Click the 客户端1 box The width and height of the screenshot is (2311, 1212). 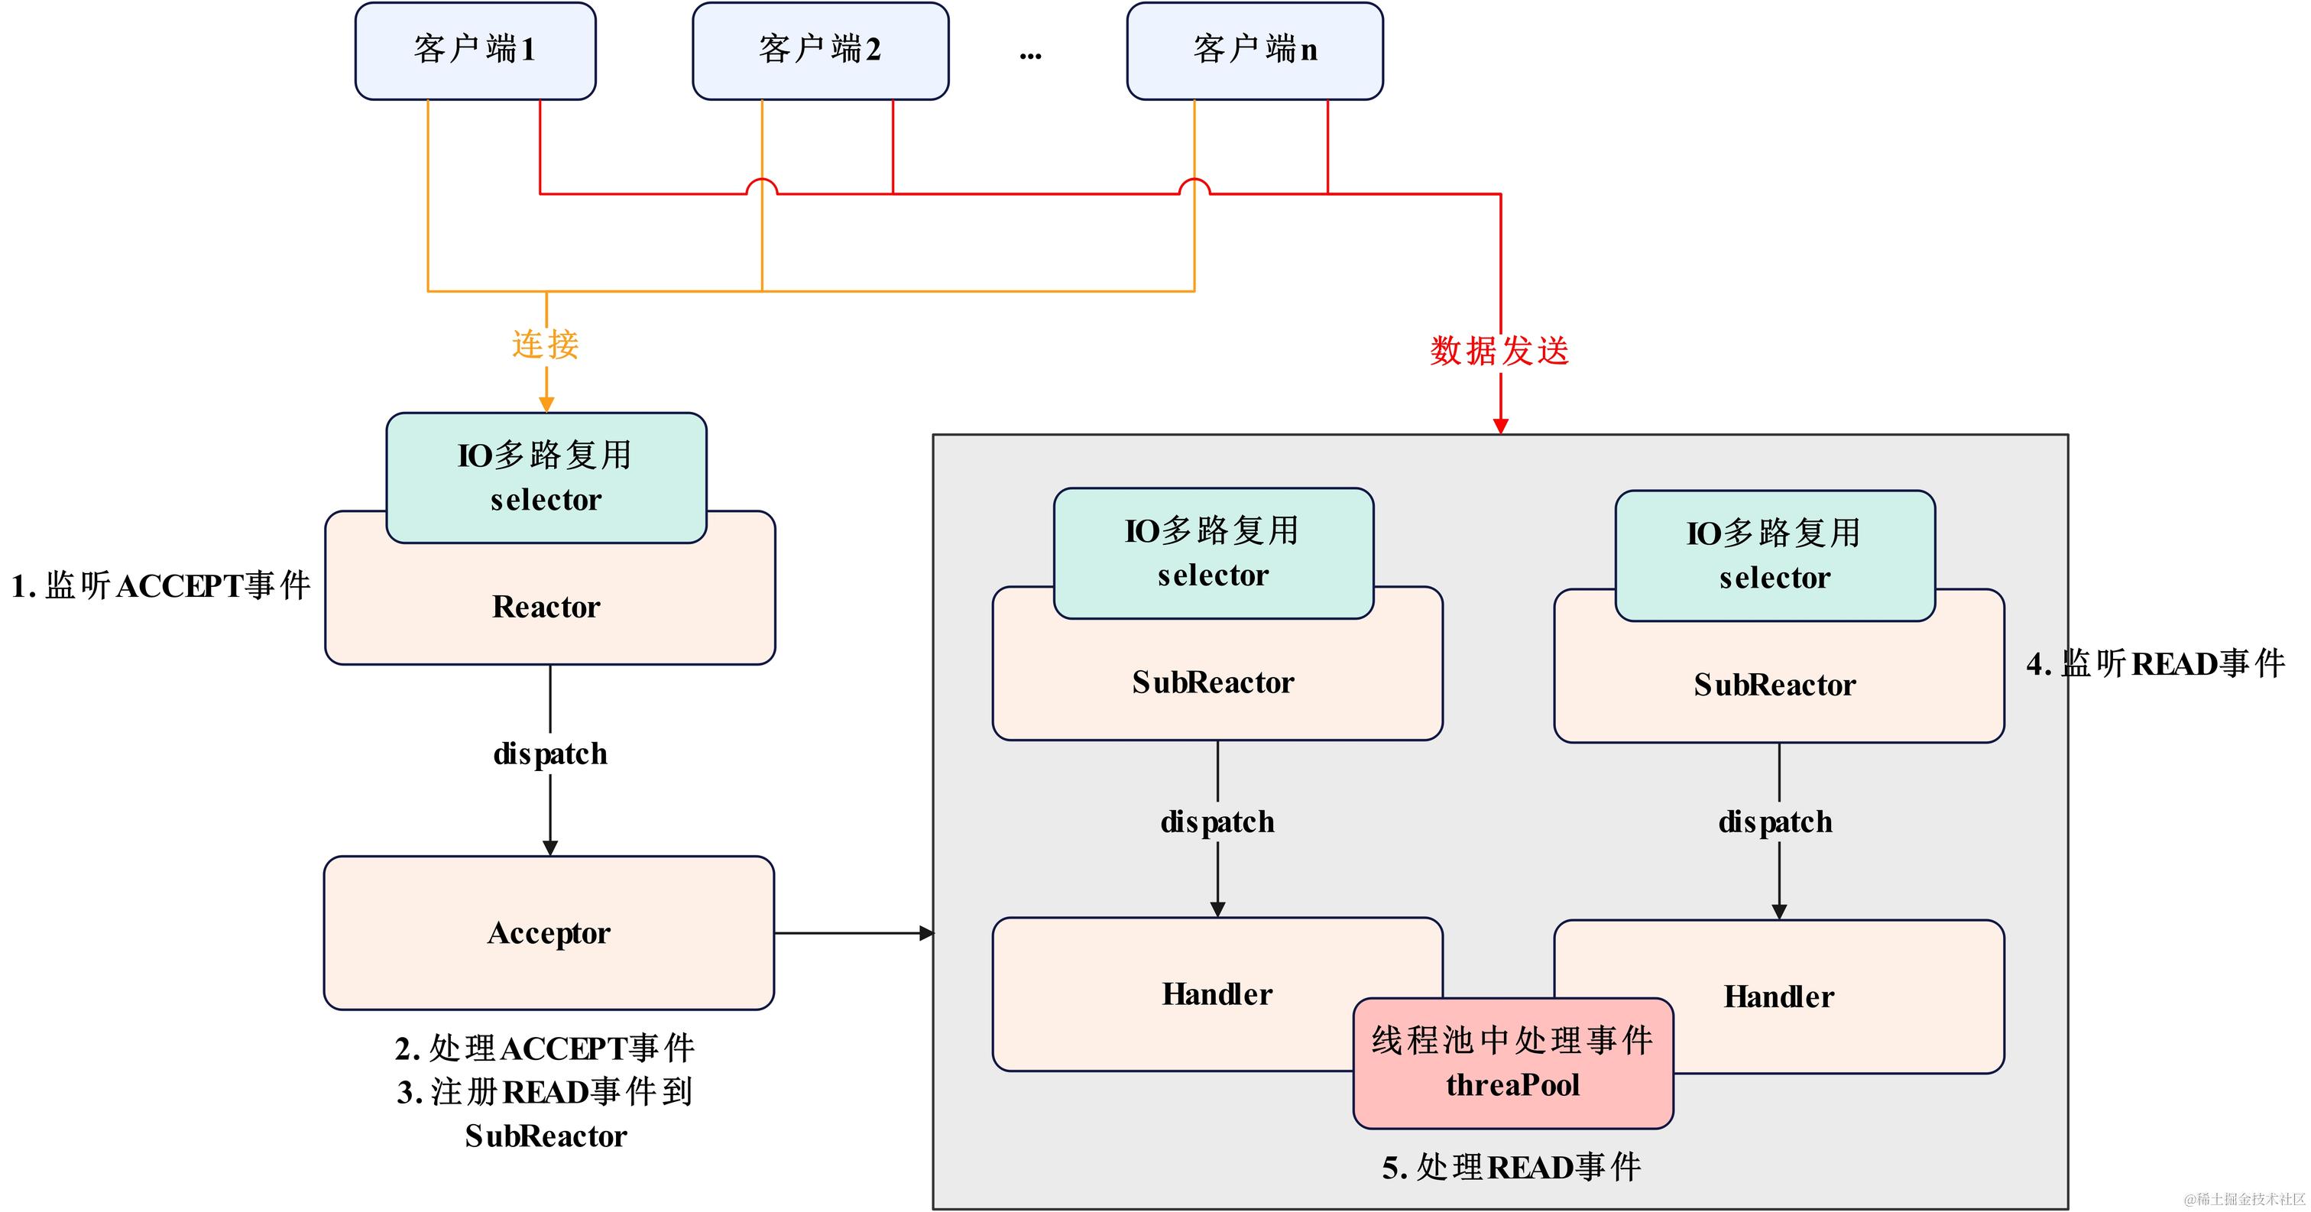point(475,50)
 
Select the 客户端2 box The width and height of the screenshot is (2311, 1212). point(820,50)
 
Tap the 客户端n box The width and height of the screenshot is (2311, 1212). point(1254,50)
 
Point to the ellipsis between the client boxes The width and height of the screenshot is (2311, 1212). point(1030,56)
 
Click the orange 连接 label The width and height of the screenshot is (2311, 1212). point(546,345)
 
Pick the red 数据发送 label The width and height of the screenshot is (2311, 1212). point(1499,351)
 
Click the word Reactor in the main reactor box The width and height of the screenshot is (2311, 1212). point(546,608)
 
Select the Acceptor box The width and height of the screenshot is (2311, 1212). point(549,933)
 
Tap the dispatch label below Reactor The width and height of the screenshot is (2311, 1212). point(550,753)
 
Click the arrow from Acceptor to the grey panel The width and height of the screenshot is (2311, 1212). point(852,934)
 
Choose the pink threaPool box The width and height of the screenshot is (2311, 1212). point(1512,1063)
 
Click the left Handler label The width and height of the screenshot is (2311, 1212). point(1217,994)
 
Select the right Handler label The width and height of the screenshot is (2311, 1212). point(1778,996)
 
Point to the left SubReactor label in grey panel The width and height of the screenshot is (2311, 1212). point(1213,682)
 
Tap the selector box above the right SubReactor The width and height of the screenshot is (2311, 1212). point(1775,556)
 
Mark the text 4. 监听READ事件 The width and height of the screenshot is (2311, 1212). point(2155,664)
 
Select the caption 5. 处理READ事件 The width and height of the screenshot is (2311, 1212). point(1512,1167)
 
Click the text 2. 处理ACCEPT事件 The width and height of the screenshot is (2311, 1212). point(545,1048)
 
